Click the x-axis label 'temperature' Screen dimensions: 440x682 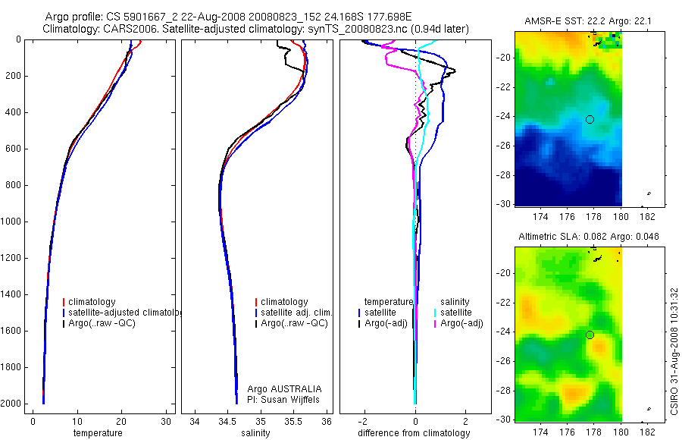click(x=97, y=433)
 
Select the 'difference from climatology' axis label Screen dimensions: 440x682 click(x=414, y=433)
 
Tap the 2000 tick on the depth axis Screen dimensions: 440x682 click(x=13, y=404)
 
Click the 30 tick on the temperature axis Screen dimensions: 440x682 click(x=166, y=421)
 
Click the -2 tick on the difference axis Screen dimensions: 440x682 click(x=364, y=421)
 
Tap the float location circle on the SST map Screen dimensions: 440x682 click(x=590, y=119)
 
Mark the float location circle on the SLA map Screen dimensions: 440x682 click(x=590, y=335)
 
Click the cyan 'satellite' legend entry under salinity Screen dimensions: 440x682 click(x=456, y=313)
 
